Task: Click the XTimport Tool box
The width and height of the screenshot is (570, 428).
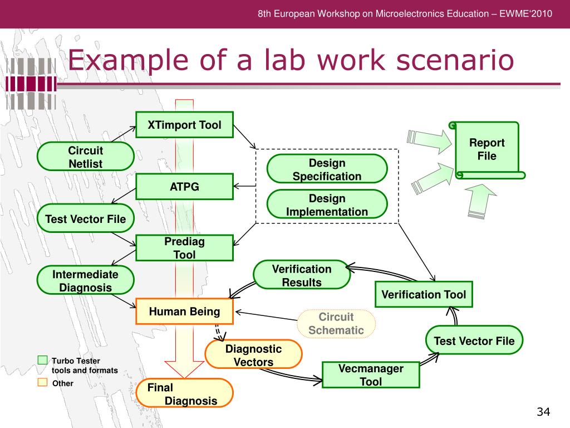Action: [x=185, y=125]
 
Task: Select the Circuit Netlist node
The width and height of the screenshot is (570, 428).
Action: [x=85, y=157]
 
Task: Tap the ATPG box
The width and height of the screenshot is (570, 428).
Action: [x=185, y=186]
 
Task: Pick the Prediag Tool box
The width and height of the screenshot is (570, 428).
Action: [x=185, y=248]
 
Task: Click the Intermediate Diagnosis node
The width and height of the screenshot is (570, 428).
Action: [x=85, y=280]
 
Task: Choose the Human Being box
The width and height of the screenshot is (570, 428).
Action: [x=185, y=312]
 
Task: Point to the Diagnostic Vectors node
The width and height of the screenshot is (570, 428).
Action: [x=253, y=355]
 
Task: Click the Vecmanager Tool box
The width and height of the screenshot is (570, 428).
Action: [x=371, y=374]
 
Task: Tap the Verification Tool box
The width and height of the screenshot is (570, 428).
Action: [x=424, y=294]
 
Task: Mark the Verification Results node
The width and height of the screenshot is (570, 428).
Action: [x=301, y=275]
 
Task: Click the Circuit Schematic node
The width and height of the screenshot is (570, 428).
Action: [x=336, y=324]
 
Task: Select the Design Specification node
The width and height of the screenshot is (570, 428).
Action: [x=327, y=169]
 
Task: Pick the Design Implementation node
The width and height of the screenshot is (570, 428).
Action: [x=327, y=205]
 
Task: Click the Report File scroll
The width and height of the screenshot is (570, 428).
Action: [x=487, y=149]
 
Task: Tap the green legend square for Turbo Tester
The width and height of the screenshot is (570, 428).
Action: [x=43, y=360]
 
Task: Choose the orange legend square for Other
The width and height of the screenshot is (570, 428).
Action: [x=43, y=382]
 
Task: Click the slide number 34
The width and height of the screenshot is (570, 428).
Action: [x=543, y=412]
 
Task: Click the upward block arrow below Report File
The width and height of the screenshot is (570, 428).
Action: [x=480, y=201]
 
